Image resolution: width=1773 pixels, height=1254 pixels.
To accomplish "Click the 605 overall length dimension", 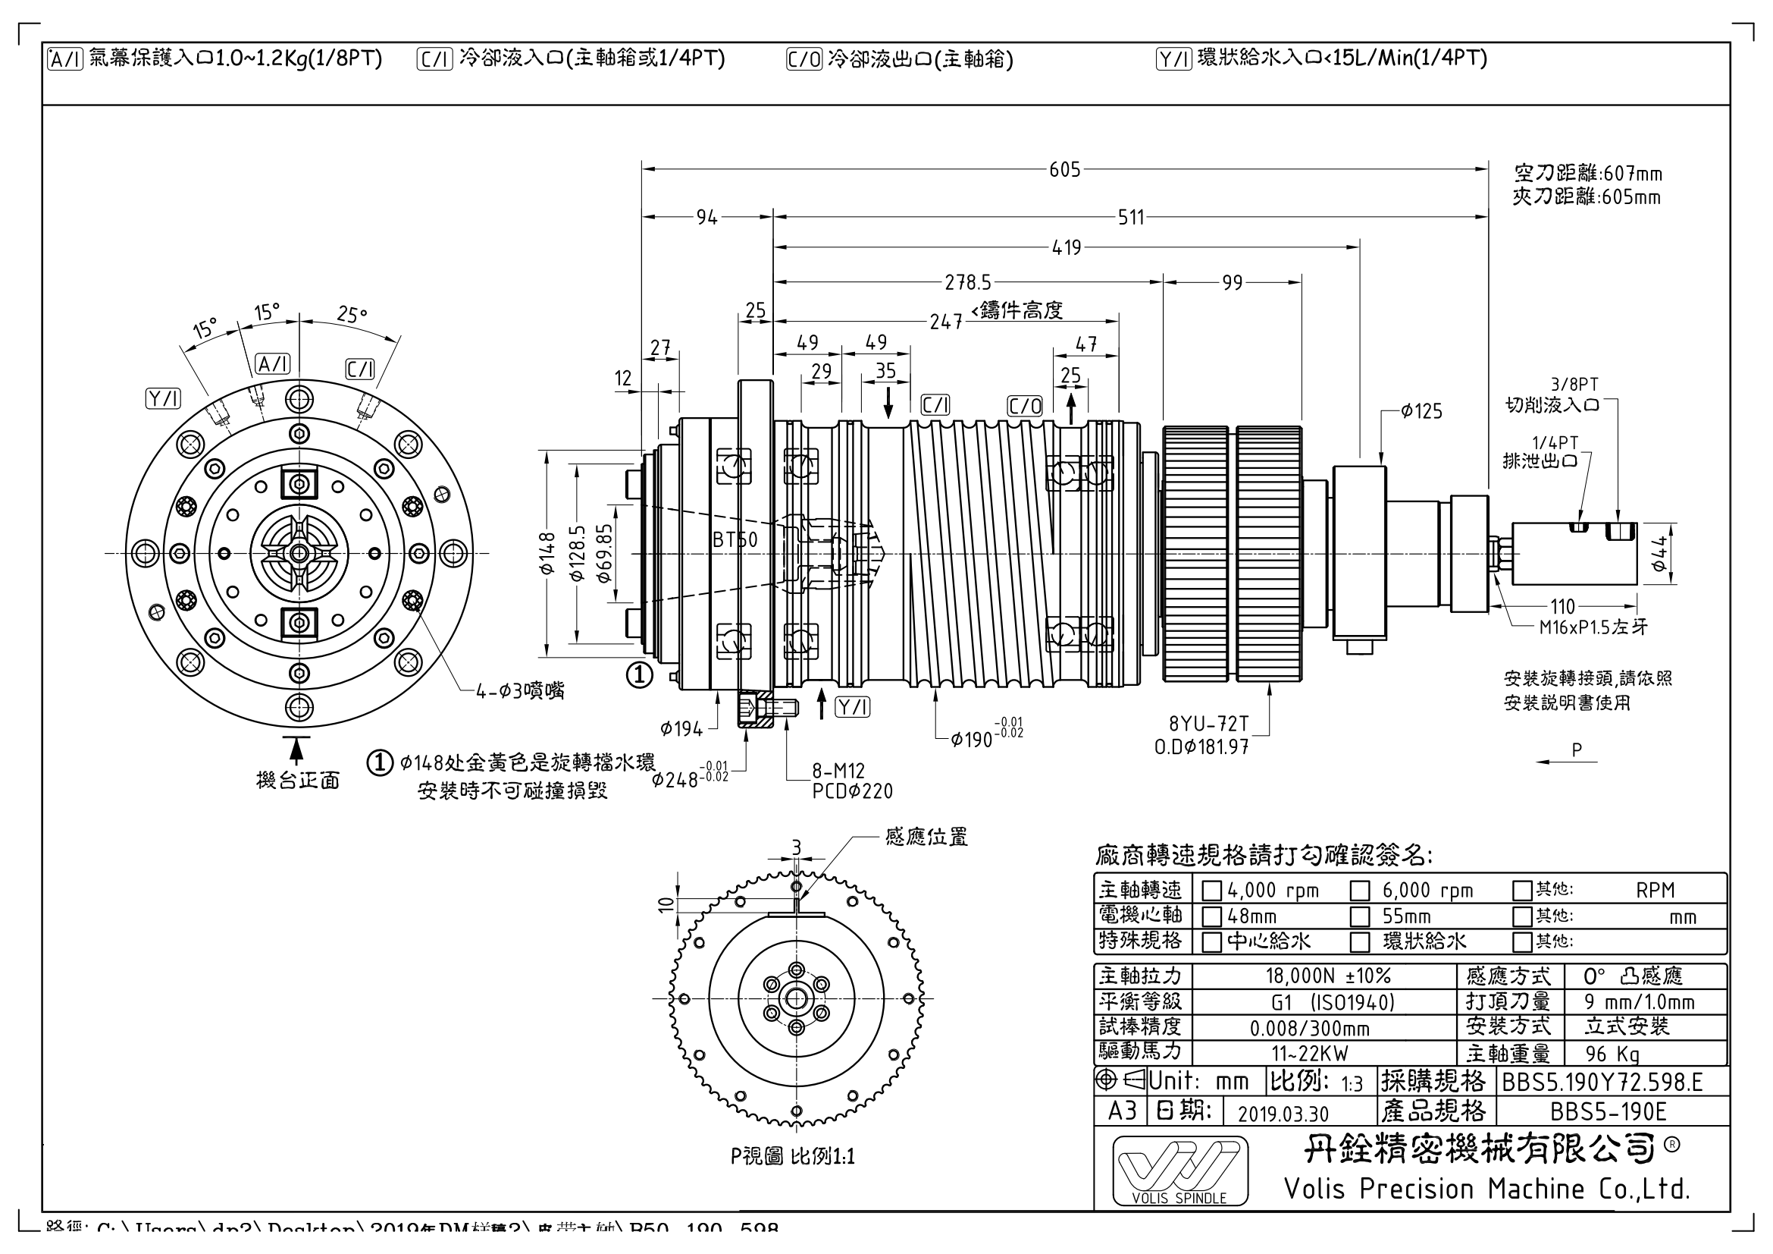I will [x=1064, y=169].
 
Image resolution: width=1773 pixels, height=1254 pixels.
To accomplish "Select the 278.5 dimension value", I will [x=967, y=283].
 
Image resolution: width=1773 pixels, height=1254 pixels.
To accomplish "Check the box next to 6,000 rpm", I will [x=1360, y=891].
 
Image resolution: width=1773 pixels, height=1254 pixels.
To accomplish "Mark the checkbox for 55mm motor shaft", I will [x=1360, y=917].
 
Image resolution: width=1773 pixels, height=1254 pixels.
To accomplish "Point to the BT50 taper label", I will [x=735, y=540].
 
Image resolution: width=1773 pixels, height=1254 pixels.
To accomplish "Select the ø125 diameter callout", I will [x=1421, y=411].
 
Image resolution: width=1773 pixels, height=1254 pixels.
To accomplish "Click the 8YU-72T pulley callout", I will [x=1208, y=724].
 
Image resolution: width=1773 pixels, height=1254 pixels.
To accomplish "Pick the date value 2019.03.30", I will [x=1283, y=1114].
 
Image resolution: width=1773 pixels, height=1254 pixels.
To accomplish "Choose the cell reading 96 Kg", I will [x=1612, y=1054].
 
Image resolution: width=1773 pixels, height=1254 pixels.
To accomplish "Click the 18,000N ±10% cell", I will [x=1327, y=976].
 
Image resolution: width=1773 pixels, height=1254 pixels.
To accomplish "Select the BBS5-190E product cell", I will [x=1609, y=1112].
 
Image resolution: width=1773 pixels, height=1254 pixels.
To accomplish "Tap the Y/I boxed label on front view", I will [x=164, y=399].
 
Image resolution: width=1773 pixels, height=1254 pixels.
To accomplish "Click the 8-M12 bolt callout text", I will [x=838, y=771].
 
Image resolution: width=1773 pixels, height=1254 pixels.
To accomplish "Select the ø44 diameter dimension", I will [x=1658, y=554].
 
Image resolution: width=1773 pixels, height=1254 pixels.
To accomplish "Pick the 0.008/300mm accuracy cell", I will [x=1310, y=1029].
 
